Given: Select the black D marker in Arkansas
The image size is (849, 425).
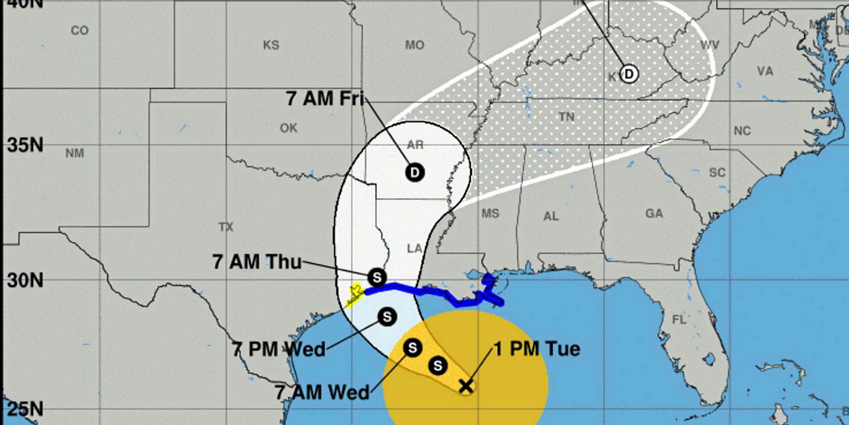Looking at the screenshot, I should click(x=415, y=173).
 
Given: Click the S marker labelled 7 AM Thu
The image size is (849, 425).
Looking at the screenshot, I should click(x=377, y=277).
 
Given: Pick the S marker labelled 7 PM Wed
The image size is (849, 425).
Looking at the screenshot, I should click(x=387, y=316).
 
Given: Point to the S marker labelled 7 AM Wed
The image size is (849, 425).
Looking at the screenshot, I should click(x=412, y=348).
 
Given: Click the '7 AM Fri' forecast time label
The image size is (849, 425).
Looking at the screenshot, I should click(x=325, y=98).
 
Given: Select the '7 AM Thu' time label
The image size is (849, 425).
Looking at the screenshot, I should click(x=257, y=262).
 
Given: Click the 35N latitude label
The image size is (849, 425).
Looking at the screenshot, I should click(x=25, y=145).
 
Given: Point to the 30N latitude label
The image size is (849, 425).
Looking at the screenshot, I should click(x=25, y=280).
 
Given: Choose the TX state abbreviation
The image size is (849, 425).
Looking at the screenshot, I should click(x=226, y=227).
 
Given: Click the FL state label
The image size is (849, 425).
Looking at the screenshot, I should click(x=679, y=320).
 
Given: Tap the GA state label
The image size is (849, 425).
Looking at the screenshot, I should click(x=654, y=214).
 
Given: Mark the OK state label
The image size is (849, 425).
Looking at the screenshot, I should click(x=288, y=128).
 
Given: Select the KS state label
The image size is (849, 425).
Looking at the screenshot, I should click(x=271, y=45).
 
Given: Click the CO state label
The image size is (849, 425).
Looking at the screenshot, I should click(x=80, y=31).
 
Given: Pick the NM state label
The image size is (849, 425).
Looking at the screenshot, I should click(x=75, y=153).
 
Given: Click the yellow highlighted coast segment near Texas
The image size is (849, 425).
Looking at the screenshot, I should click(x=354, y=296).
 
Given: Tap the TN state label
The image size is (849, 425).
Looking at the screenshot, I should click(x=567, y=117).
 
